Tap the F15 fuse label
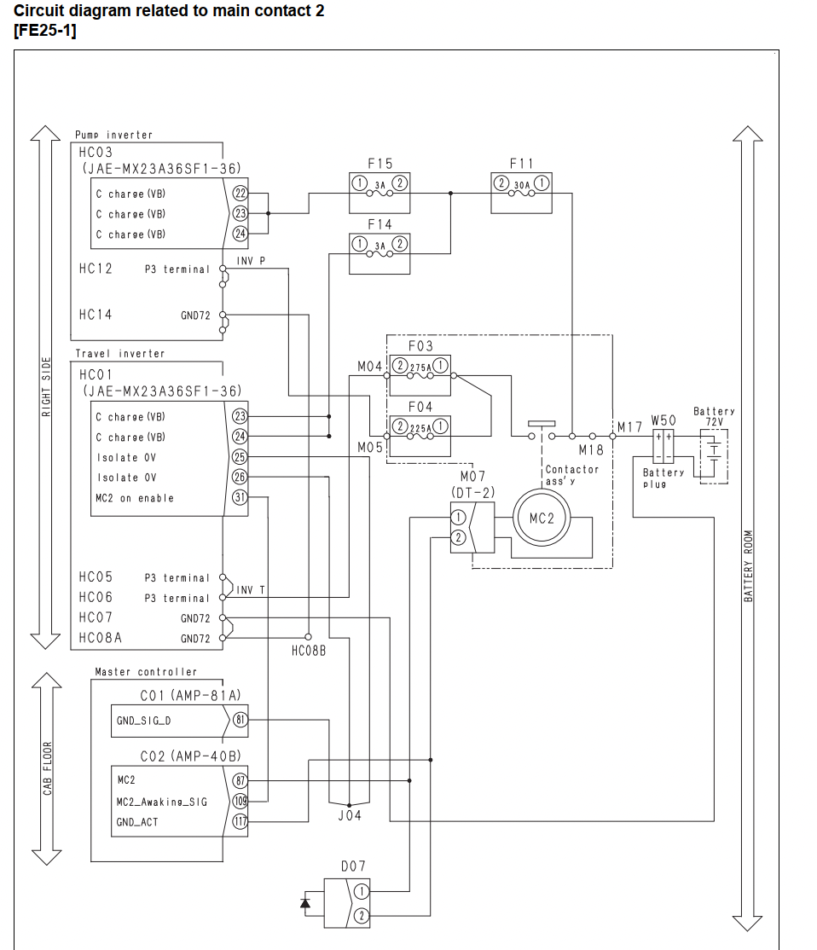tap(380, 165)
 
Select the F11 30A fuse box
tap(521, 193)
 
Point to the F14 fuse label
tap(380, 225)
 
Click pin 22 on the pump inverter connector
tap(240, 194)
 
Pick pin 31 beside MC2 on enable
tap(240, 497)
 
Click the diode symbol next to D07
tap(305, 903)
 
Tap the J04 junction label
tap(350, 815)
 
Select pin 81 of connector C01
tap(240, 720)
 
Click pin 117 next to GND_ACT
tap(240, 821)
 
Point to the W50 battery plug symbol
tap(663, 446)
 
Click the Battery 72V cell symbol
tap(714, 456)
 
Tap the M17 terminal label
tap(629, 427)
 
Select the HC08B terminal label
tap(309, 651)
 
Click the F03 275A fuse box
tap(420, 374)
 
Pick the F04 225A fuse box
tap(420, 436)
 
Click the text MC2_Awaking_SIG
tap(162, 802)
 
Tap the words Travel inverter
tap(120, 353)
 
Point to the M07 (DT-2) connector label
tap(472, 484)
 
